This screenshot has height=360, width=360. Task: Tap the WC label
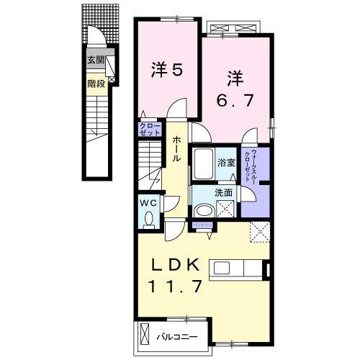(148, 203)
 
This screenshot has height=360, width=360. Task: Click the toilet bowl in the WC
(148, 218)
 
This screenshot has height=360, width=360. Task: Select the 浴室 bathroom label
(226, 162)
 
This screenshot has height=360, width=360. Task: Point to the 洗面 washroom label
(223, 193)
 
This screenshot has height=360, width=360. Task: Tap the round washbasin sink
(204, 210)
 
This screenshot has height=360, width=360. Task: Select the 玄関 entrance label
(95, 60)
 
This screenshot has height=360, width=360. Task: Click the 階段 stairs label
(95, 83)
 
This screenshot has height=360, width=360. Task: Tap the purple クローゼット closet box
(149, 130)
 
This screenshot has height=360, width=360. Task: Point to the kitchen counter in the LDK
(238, 269)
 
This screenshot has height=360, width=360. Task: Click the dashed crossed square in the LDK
(258, 233)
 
